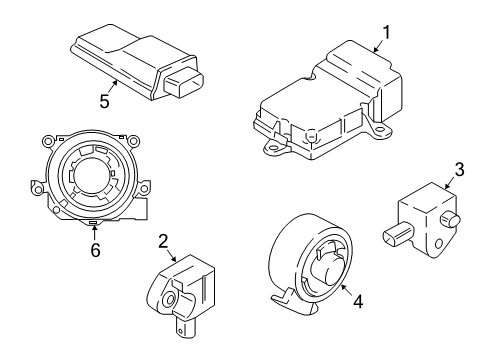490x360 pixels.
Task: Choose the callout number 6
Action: [96, 250]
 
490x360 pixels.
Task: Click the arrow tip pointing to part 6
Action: [93, 229]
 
